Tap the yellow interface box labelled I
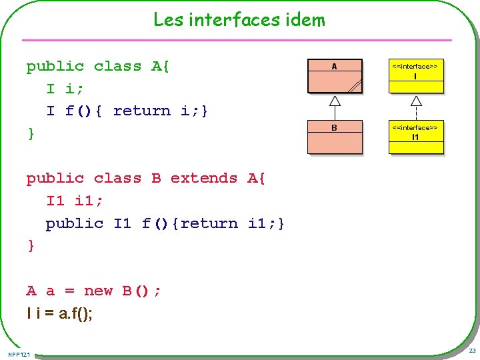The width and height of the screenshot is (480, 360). (416, 75)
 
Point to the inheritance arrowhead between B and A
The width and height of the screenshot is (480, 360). (335, 101)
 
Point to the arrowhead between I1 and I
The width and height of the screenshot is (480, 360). (416, 101)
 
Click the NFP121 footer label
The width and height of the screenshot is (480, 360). (19, 353)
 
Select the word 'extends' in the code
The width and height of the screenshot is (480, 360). (204, 178)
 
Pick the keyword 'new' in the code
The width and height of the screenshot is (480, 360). (99, 291)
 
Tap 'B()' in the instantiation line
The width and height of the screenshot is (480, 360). (137, 291)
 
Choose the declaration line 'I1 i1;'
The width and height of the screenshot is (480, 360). (75, 201)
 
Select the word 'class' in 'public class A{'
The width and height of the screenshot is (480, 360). (117, 66)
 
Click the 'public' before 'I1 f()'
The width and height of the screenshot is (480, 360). (75, 223)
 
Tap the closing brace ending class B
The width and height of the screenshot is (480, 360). (31, 246)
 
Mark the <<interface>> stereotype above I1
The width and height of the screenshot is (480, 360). (416, 127)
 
